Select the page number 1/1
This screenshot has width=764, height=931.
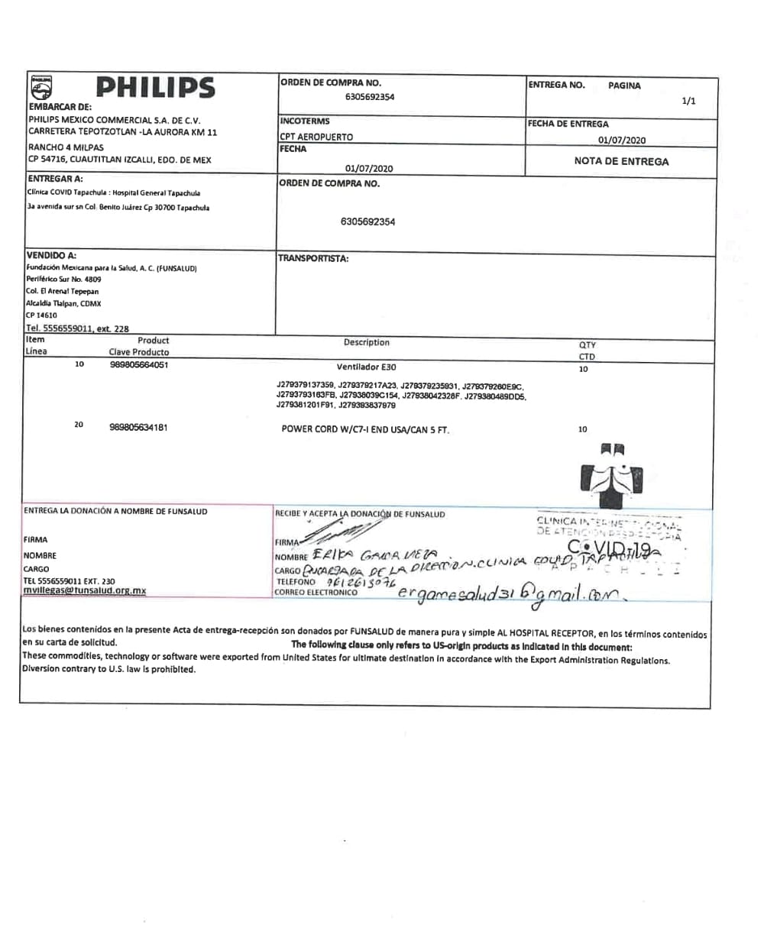pyautogui.click(x=688, y=101)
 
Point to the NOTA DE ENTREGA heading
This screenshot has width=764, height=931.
pyautogui.click(x=621, y=161)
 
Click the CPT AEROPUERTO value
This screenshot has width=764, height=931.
pyautogui.click(x=316, y=137)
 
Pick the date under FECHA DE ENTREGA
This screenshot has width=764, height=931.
pyautogui.click(x=622, y=140)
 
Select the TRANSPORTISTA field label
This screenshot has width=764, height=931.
pyautogui.click(x=313, y=258)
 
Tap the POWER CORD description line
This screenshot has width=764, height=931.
pyautogui.click(x=365, y=429)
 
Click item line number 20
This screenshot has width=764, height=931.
pyautogui.click(x=79, y=425)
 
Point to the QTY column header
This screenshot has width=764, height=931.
pyautogui.click(x=588, y=344)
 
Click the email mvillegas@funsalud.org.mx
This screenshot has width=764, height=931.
pyautogui.click(x=84, y=590)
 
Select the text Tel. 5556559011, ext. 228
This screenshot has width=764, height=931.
pyautogui.click(x=77, y=328)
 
